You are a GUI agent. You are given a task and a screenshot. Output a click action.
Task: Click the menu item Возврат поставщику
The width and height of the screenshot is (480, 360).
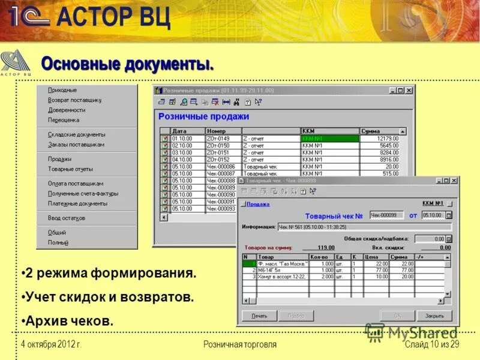(x=74, y=100)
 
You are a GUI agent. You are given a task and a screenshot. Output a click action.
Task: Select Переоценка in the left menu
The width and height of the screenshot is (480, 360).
(x=64, y=120)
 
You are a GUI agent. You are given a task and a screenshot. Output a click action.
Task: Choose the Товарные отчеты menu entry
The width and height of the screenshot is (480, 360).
(x=70, y=169)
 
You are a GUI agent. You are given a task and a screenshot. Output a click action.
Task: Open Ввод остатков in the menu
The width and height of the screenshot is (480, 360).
(x=67, y=218)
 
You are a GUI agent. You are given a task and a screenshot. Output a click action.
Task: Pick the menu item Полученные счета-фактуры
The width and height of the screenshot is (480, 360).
(x=83, y=194)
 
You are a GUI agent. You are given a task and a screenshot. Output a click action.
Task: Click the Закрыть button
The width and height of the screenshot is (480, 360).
(x=434, y=316)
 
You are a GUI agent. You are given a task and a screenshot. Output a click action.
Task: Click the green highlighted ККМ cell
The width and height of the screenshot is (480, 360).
(x=330, y=138)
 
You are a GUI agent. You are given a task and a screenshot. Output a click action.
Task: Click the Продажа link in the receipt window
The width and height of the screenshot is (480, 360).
(x=257, y=204)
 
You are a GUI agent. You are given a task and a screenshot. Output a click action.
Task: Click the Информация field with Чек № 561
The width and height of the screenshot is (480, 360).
(x=364, y=227)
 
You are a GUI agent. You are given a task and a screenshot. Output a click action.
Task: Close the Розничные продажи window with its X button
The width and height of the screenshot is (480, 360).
(x=409, y=91)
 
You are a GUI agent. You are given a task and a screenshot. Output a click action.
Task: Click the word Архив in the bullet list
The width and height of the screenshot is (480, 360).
(x=43, y=321)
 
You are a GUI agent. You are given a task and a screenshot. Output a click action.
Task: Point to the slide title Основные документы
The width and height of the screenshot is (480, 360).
(x=127, y=64)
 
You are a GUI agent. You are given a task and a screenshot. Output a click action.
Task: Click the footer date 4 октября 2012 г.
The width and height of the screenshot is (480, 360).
(x=51, y=344)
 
